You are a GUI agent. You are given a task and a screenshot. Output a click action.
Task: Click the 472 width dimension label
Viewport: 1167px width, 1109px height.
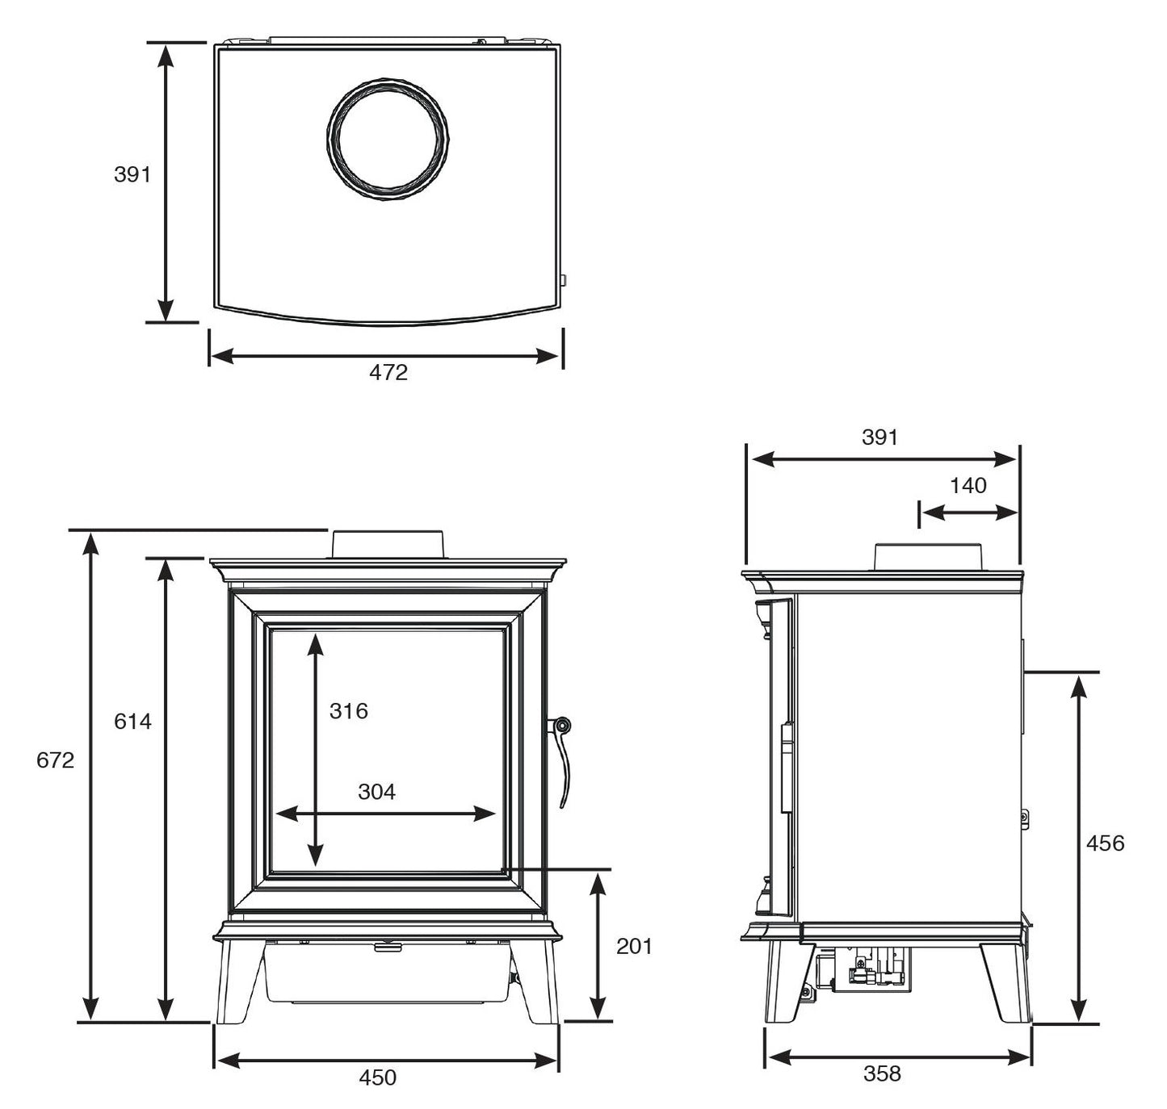(388, 373)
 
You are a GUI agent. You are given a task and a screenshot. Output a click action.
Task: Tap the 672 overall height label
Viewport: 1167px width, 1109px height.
(55, 760)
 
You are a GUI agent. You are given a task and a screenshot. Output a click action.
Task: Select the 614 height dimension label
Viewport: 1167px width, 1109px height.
(132, 721)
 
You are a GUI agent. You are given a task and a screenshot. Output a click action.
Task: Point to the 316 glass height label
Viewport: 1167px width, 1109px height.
(348, 710)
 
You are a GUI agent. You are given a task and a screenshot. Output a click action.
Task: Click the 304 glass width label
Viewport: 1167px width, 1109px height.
(376, 792)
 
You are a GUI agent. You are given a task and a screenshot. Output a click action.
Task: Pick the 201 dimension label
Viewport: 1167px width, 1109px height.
(634, 946)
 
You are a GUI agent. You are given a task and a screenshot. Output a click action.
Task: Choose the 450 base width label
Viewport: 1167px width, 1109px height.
(377, 1077)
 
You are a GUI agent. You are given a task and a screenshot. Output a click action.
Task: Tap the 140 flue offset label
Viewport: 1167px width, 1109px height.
(968, 485)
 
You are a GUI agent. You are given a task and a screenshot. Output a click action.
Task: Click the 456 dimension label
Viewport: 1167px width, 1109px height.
(1106, 843)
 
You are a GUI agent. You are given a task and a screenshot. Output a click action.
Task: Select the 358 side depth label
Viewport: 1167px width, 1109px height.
(882, 1073)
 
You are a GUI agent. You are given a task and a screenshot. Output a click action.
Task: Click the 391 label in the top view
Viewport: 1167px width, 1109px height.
(132, 174)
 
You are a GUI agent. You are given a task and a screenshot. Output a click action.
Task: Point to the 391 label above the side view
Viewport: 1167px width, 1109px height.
(879, 437)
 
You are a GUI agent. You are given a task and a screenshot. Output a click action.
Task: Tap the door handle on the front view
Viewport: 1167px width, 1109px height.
(561, 763)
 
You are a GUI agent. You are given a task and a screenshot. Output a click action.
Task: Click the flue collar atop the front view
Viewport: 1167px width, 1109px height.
(387, 544)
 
